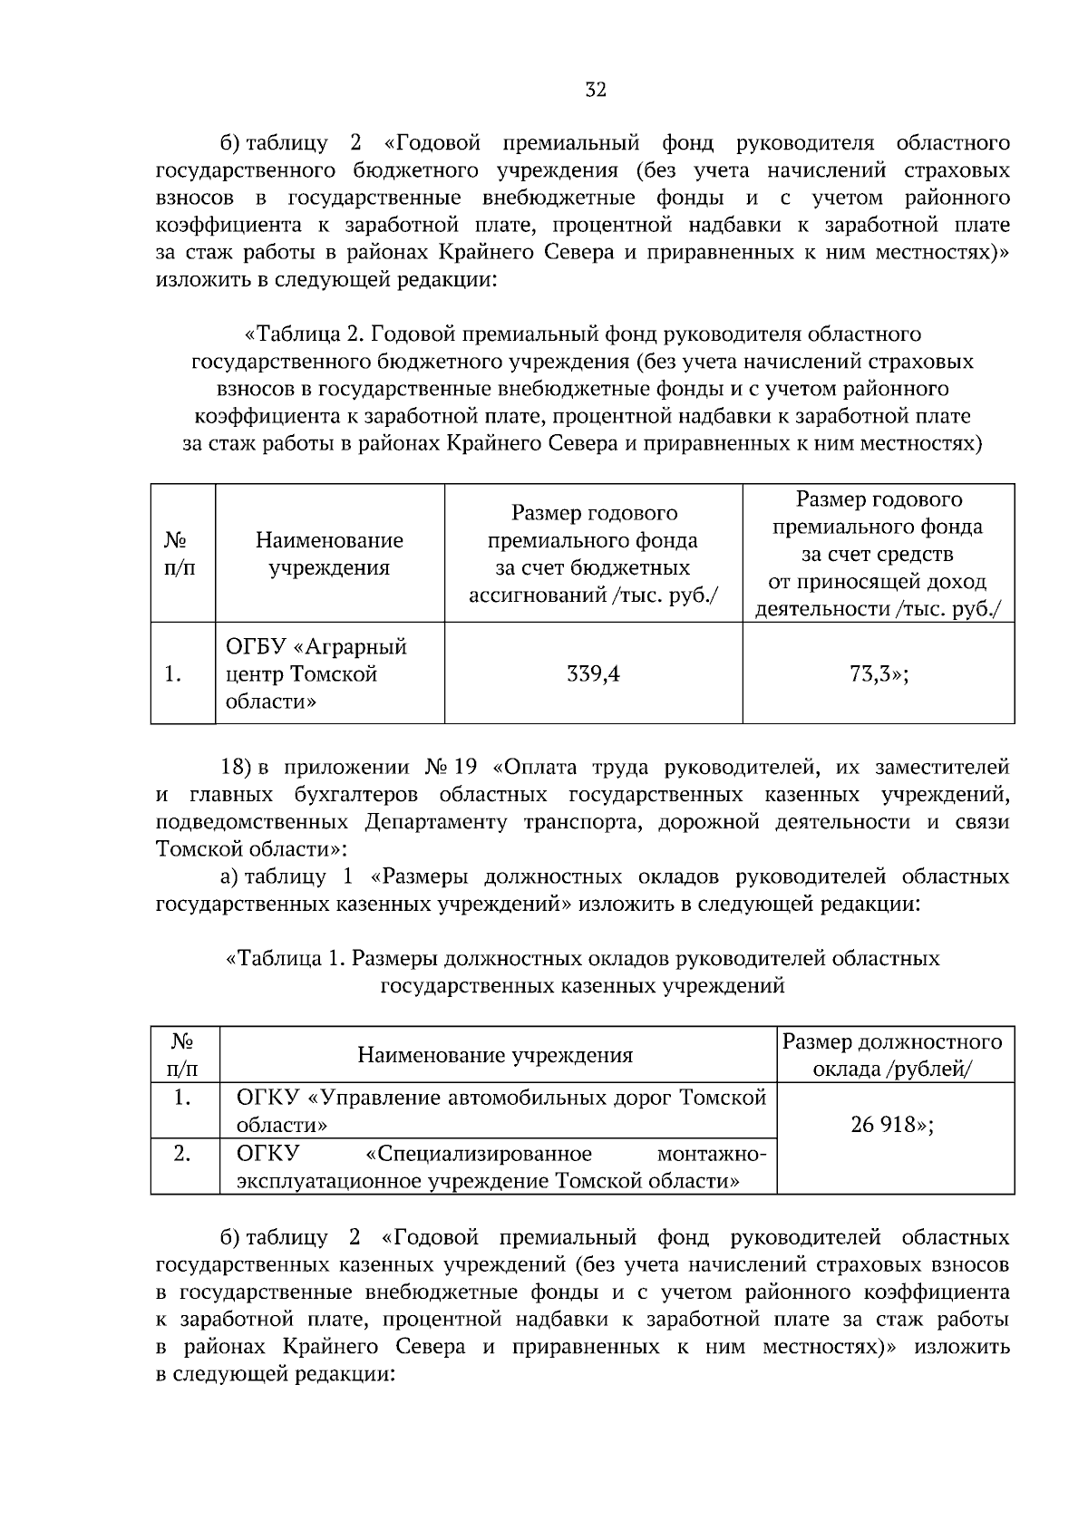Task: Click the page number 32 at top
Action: coord(595,90)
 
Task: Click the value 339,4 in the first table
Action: coord(593,673)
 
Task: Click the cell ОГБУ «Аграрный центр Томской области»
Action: coord(316,673)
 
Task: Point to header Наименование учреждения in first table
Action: coord(329,554)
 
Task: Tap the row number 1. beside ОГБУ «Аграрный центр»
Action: coord(173,674)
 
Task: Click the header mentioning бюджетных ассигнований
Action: coord(593,554)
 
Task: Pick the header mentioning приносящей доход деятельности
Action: coord(878,554)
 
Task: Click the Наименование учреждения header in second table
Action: coord(495,1055)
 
